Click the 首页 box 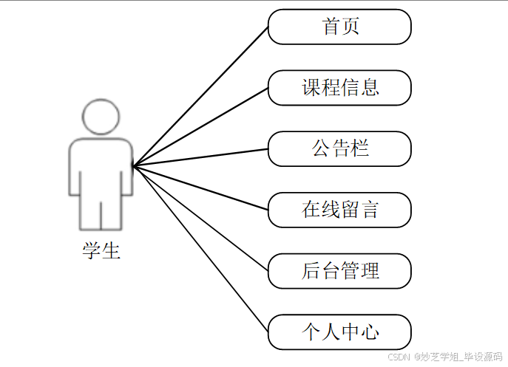[x=339, y=27]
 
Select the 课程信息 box [x=339, y=88]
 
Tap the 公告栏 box [x=339, y=149]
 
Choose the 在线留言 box [x=339, y=210]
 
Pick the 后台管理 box [x=339, y=270]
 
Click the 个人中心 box [x=339, y=332]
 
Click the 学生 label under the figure [x=101, y=251]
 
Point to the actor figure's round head [x=101, y=117]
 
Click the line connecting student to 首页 [x=200, y=96]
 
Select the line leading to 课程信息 [x=200, y=126]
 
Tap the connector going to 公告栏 [x=200, y=157]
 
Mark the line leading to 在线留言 [x=200, y=188]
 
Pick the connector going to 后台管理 [x=200, y=219]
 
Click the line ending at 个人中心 [x=200, y=249]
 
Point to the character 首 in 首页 [x=331, y=27]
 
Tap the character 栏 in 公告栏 [x=359, y=149]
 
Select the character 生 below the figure [x=111, y=251]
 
